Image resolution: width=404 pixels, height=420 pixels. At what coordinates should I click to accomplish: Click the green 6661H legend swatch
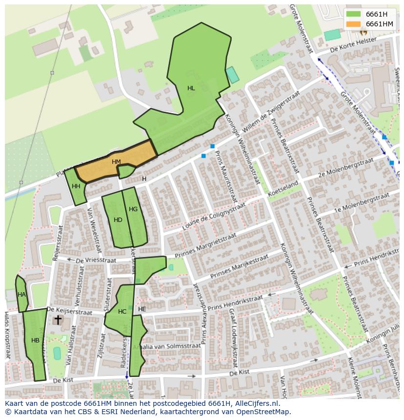353,14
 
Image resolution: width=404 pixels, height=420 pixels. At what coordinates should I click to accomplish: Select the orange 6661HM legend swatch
353,24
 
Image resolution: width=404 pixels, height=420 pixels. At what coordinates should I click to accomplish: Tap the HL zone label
191,88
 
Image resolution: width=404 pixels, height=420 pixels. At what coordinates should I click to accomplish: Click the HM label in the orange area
116,162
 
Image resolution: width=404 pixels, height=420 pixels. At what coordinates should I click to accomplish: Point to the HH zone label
76,186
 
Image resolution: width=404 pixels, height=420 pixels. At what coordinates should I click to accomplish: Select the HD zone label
118,220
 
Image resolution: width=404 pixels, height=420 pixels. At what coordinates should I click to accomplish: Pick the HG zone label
133,209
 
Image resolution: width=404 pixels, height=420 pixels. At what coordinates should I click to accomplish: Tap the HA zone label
21,295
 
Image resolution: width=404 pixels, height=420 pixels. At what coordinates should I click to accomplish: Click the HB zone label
35,340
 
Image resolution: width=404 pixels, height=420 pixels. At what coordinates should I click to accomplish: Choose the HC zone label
122,312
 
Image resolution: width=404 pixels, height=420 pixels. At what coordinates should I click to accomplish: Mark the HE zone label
142,309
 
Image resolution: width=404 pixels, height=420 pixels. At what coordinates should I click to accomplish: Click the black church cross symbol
58,320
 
